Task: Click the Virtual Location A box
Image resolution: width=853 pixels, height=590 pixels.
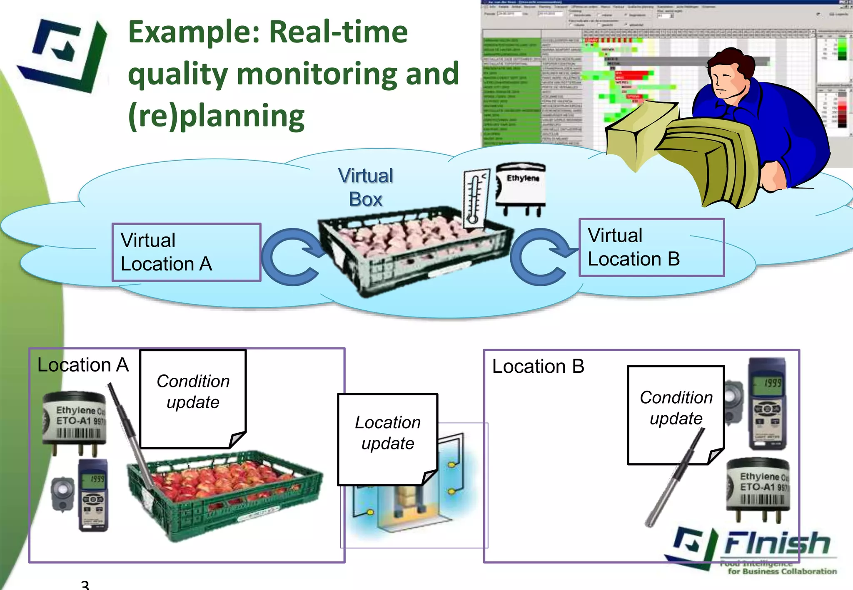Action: [186, 252]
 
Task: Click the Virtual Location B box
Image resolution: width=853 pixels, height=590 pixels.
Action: [651, 248]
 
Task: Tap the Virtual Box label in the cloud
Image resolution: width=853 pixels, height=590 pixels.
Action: [366, 187]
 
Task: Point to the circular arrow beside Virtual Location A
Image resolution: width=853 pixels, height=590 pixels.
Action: [292, 257]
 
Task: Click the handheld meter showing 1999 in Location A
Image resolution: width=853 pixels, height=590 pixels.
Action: [94, 495]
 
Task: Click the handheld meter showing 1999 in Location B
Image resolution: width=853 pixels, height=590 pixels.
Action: [767, 404]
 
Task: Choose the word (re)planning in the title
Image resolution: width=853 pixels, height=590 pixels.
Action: [217, 117]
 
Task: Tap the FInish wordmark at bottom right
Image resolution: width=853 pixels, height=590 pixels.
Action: [777, 543]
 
